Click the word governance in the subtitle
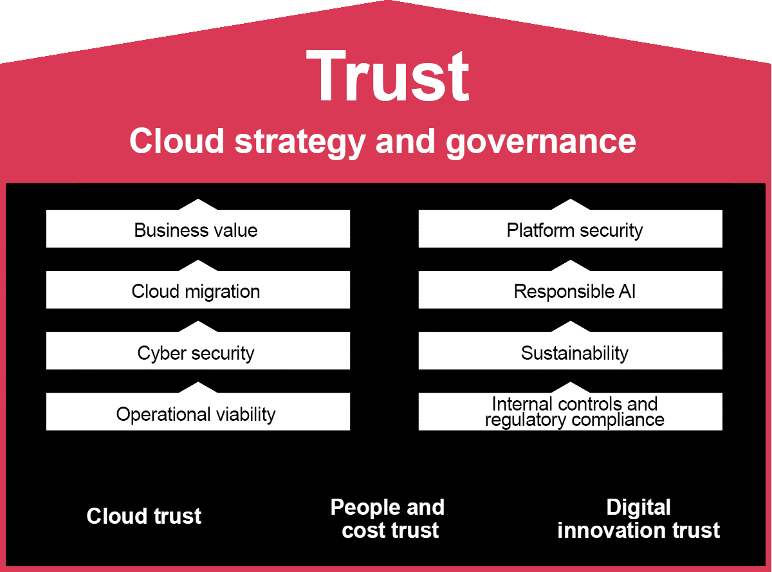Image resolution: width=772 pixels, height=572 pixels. click(540, 141)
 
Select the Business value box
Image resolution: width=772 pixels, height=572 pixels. click(198, 230)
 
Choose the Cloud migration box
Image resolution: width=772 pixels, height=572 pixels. click(198, 291)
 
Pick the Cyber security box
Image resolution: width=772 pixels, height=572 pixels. click(198, 353)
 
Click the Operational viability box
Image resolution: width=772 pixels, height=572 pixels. click(198, 414)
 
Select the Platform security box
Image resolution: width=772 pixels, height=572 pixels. click(570, 230)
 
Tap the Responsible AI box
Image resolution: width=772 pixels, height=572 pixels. click(570, 291)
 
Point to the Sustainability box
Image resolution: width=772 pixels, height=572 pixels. click(570, 353)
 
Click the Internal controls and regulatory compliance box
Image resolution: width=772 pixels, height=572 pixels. click(570, 412)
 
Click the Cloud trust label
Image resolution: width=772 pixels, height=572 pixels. click(144, 515)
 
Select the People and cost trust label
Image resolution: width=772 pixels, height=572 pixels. click(388, 519)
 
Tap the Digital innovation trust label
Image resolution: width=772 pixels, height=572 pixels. click(638, 519)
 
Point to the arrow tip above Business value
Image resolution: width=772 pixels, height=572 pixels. click(198, 203)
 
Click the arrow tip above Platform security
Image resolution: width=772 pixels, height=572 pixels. click(570, 203)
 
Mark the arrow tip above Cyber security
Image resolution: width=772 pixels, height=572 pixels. click(198, 325)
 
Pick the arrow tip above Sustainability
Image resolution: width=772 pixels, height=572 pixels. click(570, 325)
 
